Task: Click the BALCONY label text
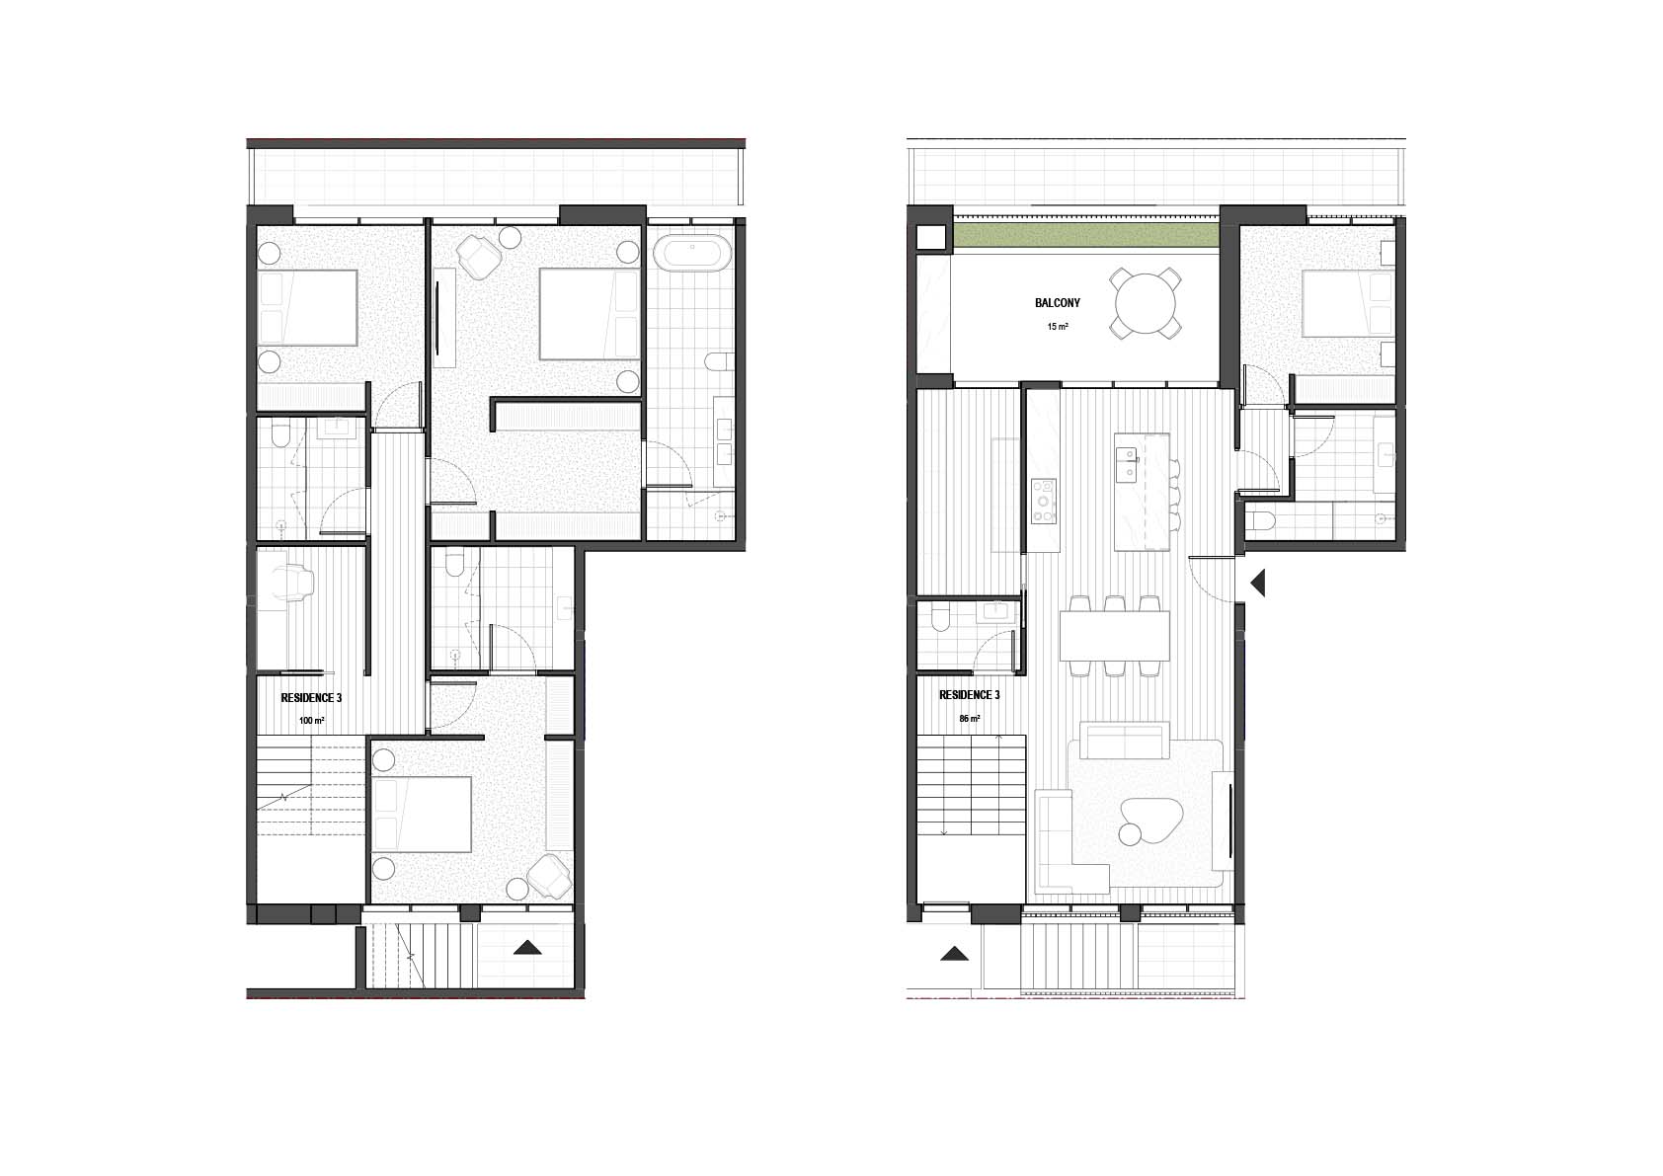coord(1058,303)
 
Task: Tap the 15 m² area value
coord(1058,327)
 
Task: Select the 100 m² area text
coord(311,720)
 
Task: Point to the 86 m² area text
coord(969,719)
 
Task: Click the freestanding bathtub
coord(692,253)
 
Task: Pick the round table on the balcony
coord(1146,304)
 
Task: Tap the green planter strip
coord(1086,236)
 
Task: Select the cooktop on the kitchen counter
coord(1044,502)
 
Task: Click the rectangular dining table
coord(1115,636)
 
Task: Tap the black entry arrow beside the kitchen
coord(1258,584)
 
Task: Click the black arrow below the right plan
coord(954,954)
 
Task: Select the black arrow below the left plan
coord(527,947)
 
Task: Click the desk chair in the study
coord(294,583)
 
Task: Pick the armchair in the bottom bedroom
coord(549,877)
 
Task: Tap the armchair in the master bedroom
coord(479,256)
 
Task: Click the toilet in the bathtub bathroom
coord(716,363)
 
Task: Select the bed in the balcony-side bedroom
coord(1347,304)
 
